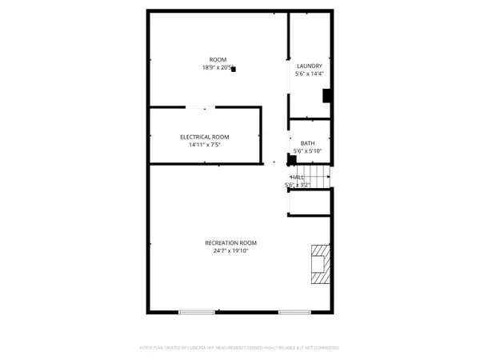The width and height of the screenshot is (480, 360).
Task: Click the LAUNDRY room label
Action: tap(309, 66)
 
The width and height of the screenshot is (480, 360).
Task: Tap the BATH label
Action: tap(308, 142)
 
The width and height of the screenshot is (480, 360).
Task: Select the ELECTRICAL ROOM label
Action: tap(204, 137)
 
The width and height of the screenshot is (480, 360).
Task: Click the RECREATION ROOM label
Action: tap(230, 242)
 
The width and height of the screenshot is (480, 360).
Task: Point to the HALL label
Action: tap(298, 177)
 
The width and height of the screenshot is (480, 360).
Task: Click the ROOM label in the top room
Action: tap(218, 60)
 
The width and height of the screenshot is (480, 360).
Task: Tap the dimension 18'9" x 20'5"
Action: tap(216, 68)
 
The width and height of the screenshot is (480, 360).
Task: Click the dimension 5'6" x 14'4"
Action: tap(309, 74)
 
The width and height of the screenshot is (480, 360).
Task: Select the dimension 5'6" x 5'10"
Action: tap(308, 150)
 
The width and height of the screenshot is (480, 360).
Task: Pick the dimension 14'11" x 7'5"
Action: tap(204, 145)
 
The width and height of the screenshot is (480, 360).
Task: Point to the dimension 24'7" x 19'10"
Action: tap(230, 250)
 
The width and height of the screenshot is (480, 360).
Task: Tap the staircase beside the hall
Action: tap(320, 177)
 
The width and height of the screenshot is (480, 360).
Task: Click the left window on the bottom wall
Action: tap(196, 311)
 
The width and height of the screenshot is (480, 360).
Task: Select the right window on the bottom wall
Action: tap(297, 311)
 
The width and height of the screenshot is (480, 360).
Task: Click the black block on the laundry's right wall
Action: tap(326, 95)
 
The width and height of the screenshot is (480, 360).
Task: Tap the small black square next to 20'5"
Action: tap(234, 70)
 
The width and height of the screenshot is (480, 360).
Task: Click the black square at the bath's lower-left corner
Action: tap(292, 158)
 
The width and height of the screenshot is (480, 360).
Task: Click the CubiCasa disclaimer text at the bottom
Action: tap(239, 348)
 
